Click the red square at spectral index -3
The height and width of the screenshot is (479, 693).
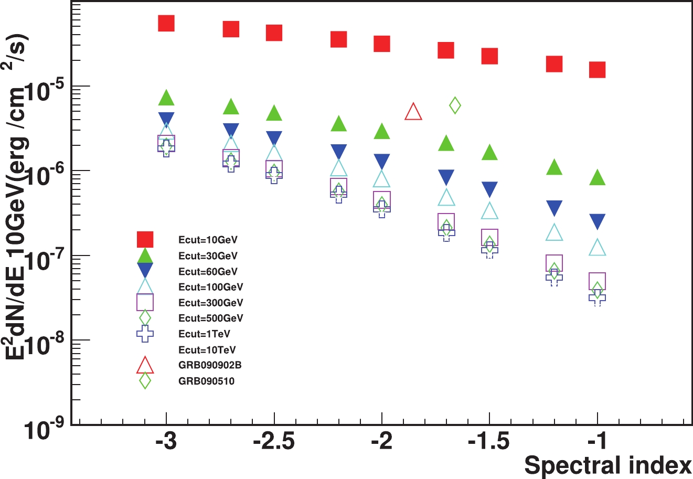(166, 23)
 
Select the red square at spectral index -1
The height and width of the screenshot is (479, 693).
(597, 70)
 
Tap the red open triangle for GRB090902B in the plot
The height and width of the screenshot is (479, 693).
(413, 112)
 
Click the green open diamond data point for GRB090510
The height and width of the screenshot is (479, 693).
(455, 105)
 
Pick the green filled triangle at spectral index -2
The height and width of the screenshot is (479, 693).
(382, 131)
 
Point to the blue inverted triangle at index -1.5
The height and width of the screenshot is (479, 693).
(489, 189)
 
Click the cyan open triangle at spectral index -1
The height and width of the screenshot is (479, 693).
(597, 247)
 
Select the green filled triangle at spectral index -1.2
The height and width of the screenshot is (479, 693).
(554, 167)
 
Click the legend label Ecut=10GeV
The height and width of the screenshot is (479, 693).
(208, 240)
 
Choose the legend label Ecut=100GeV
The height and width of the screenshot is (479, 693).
(210, 287)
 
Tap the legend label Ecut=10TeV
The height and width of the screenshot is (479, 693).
(208, 350)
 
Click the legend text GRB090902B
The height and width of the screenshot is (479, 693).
(210, 365)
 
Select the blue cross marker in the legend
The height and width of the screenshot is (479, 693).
(145, 334)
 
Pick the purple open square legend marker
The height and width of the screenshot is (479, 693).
(145, 303)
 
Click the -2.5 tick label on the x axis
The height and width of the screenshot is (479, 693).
(274, 442)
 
